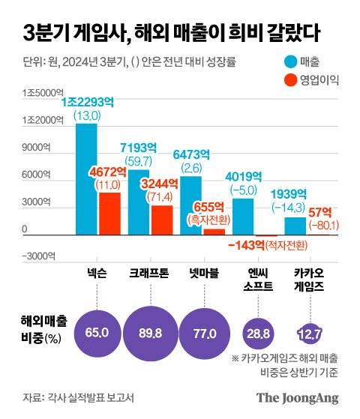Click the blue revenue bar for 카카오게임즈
pos(295,226)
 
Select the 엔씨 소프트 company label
pos(255,281)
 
